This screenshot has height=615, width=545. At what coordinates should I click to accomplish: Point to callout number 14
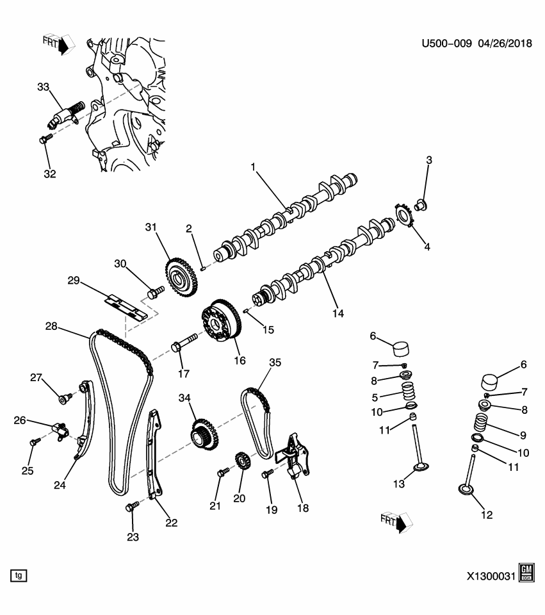point(338,313)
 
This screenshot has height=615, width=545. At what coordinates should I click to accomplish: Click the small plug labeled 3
point(421,204)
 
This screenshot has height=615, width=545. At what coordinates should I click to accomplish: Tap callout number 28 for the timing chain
point(51,327)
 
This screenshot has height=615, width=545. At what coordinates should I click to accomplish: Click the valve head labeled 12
point(466,490)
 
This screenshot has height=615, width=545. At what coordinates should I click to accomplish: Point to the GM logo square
point(526,573)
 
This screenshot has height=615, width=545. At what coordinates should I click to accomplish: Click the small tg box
point(19,575)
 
